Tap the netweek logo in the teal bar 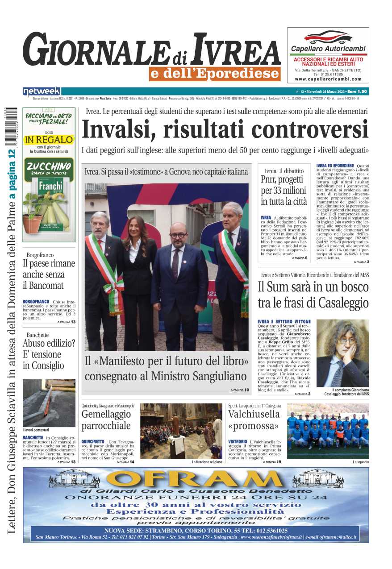[x=42, y=91]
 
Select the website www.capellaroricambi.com [x=328, y=79]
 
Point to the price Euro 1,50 [x=358, y=91]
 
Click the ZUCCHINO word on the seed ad [x=49, y=167]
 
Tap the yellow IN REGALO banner [x=49, y=140]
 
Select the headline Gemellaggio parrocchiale [x=106, y=420]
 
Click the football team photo [x=328, y=431]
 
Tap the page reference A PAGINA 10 [x=240, y=390]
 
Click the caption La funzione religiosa [x=207, y=462]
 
